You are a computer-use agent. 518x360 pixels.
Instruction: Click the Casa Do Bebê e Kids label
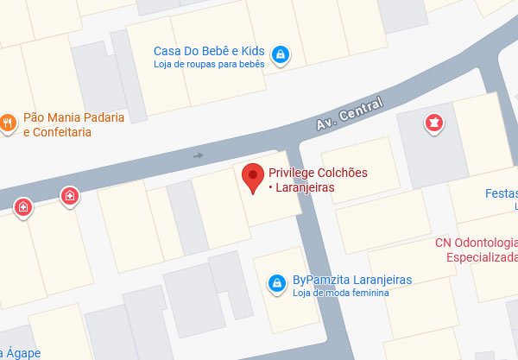pyautogui.click(x=208, y=51)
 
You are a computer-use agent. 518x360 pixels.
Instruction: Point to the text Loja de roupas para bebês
pyautogui.click(x=208, y=63)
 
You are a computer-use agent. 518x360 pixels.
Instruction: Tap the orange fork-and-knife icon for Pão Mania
pyautogui.click(x=7, y=123)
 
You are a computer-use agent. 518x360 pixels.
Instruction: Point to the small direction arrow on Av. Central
pyautogui.click(x=199, y=155)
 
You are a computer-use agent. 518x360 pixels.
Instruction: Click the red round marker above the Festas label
pyautogui.click(x=432, y=125)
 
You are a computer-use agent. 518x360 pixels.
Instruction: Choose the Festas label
pyautogui.click(x=501, y=193)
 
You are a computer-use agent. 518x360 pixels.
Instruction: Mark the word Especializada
pyautogui.click(x=482, y=256)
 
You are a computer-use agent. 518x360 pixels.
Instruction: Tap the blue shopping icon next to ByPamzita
pyautogui.click(x=276, y=283)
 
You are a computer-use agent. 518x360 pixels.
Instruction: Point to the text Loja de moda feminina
pyautogui.click(x=342, y=293)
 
